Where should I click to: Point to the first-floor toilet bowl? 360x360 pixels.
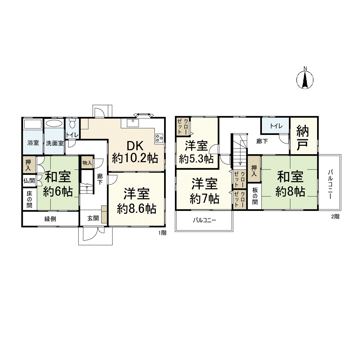click(x=72, y=124)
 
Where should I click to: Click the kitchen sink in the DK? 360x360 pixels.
click(x=132, y=123)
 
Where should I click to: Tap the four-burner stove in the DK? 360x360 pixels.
click(x=159, y=138)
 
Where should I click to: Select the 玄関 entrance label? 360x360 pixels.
click(x=93, y=218)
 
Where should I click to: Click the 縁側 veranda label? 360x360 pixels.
click(x=50, y=219)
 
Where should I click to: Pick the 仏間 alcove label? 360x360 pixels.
click(x=29, y=181)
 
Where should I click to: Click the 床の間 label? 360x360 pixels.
click(x=29, y=198)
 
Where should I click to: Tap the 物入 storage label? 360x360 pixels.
click(x=87, y=163)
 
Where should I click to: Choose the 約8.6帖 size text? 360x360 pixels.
click(x=136, y=209)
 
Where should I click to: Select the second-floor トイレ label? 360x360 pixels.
click(x=275, y=126)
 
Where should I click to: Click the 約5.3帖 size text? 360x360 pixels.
click(x=196, y=158)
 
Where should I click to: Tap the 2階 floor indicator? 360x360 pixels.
click(x=335, y=217)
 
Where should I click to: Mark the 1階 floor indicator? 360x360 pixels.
click(x=162, y=232)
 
